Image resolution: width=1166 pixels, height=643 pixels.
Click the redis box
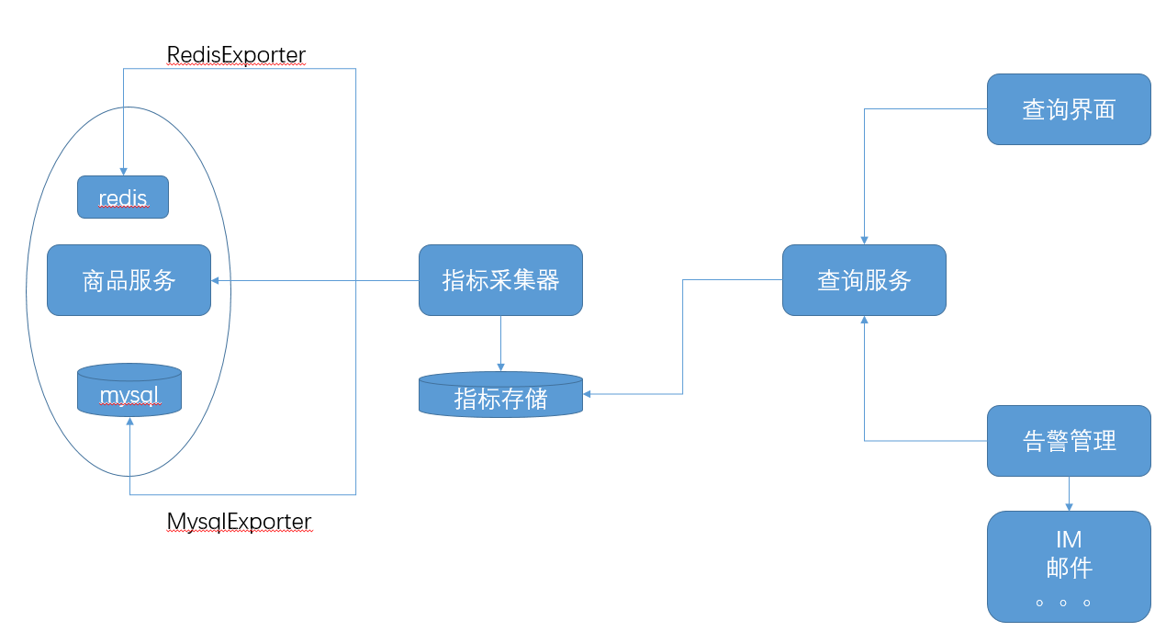123,197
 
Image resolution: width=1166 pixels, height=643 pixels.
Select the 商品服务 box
129,280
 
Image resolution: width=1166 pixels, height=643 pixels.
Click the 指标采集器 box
500,280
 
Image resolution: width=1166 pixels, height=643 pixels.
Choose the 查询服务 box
864,280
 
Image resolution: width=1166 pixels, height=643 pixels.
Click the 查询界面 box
1069,109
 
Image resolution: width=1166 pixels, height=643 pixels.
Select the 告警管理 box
1069,441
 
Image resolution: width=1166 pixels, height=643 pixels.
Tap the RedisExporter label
236,55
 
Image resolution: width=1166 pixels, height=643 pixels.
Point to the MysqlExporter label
239,522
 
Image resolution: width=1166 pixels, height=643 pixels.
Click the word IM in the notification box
1069,540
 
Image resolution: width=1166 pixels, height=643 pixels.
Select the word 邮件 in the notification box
1069,568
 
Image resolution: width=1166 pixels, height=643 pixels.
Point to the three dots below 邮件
1063,604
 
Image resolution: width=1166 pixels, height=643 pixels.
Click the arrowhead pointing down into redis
123,171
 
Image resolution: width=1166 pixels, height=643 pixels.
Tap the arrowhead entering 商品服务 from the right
217,280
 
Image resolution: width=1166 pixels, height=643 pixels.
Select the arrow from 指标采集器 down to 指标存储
500,344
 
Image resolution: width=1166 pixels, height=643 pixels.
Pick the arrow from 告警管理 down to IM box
1069,494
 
